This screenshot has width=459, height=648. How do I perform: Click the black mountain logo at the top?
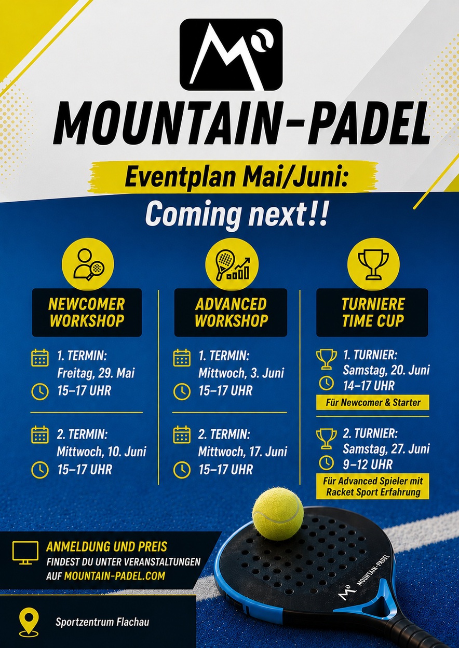click(x=231, y=54)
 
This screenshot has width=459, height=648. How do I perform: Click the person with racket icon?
click(x=88, y=264)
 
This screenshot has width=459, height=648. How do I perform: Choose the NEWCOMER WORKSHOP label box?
click(x=87, y=313)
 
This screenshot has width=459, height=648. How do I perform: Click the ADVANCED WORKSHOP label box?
click(x=231, y=313)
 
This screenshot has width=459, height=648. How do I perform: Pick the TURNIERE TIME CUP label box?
click(x=372, y=313)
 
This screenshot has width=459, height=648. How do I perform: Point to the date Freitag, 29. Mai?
click(x=96, y=373)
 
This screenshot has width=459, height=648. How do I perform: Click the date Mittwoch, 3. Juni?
click(x=241, y=373)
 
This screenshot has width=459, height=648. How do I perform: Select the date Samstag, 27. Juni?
click(x=386, y=449)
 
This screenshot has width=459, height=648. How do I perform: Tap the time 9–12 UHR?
click(x=368, y=465)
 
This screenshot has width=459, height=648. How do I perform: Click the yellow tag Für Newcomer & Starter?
click(x=373, y=402)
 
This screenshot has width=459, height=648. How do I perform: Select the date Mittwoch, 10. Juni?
click(x=101, y=452)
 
